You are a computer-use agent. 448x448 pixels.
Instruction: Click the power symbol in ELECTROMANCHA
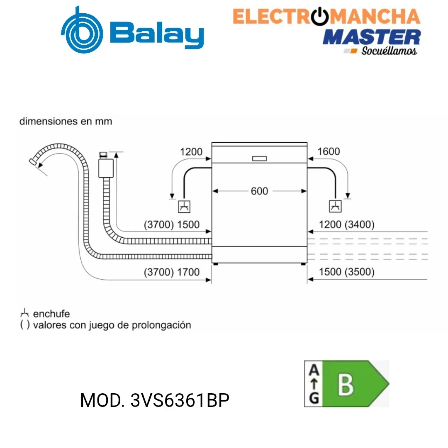pyautogui.click(x=320, y=17)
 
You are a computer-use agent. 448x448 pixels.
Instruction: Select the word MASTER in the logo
pyautogui.click(x=372, y=37)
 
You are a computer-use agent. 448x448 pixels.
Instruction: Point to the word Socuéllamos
pyautogui.click(x=389, y=51)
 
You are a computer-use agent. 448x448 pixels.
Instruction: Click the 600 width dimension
pyautogui.click(x=259, y=191)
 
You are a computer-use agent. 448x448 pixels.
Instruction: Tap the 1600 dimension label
pyautogui.click(x=329, y=151)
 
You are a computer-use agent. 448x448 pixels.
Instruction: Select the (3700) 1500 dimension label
pyautogui.click(x=171, y=224)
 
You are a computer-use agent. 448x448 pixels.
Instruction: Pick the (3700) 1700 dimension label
pyautogui.click(x=171, y=272)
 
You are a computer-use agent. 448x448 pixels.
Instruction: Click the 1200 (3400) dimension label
pyautogui.click(x=346, y=224)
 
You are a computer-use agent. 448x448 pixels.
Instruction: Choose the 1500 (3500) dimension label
pyautogui.click(x=346, y=272)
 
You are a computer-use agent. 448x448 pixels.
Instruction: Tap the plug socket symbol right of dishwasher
pyautogui.click(x=335, y=206)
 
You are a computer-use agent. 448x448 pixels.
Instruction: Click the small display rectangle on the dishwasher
pyautogui.click(x=259, y=158)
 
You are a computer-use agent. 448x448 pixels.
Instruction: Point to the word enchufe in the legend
pyautogui.click(x=51, y=314)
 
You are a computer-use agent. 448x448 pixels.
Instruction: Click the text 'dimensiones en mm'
pyautogui.click(x=66, y=121)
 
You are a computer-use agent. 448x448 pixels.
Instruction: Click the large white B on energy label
pyautogui.click(x=346, y=385)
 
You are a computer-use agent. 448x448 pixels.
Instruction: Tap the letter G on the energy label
pyautogui.click(x=314, y=398)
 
